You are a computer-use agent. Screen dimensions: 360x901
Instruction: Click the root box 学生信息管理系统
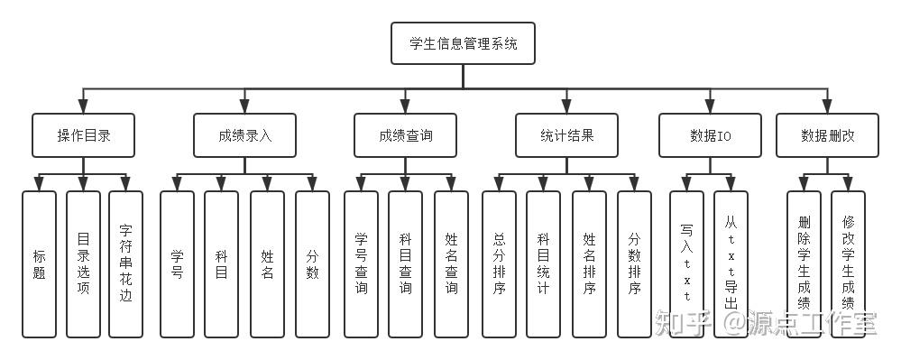(x=463, y=43)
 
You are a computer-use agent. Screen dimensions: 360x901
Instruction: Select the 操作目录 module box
(x=83, y=135)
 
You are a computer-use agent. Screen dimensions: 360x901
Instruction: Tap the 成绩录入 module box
(x=244, y=135)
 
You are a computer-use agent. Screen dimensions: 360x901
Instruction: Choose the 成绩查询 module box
(x=405, y=135)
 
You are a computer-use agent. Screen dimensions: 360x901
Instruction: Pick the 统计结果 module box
(x=566, y=135)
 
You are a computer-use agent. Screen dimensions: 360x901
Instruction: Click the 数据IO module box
(x=711, y=135)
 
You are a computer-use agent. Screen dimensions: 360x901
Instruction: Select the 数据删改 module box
(x=827, y=135)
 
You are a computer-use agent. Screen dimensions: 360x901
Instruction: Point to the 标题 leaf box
(x=39, y=263)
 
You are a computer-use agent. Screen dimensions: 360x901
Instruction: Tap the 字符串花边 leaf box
(x=125, y=263)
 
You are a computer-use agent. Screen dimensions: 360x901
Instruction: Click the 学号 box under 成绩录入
(x=177, y=263)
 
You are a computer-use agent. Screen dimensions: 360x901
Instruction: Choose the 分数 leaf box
(x=312, y=263)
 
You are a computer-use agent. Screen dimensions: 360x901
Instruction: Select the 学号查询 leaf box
(x=361, y=263)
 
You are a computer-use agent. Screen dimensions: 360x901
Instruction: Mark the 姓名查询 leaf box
(x=451, y=263)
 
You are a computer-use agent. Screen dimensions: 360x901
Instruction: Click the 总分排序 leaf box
(x=499, y=263)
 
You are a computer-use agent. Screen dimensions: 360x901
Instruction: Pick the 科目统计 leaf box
(x=543, y=263)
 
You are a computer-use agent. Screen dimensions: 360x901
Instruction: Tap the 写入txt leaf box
(x=685, y=263)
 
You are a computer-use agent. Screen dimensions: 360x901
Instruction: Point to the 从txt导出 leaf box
(x=731, y=263)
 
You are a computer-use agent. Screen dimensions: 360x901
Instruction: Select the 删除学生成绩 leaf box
(x=804, y=263)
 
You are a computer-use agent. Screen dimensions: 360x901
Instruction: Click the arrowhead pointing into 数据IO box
(x=711, y=107)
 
